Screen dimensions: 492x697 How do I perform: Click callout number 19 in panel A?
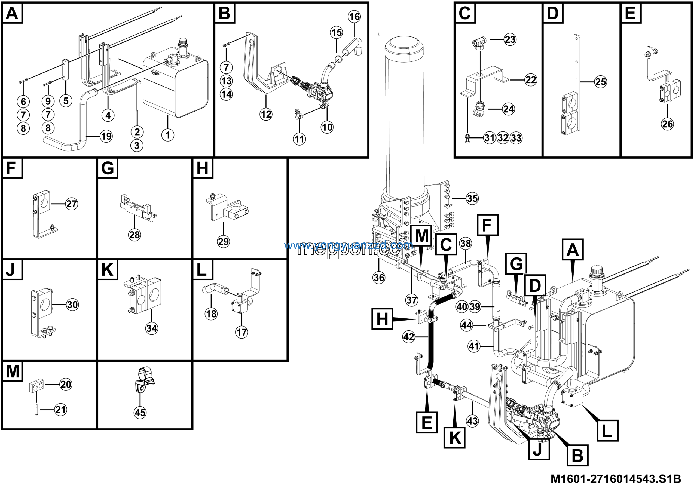tap(106, 137)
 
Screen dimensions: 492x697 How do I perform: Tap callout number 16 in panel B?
tap(354, 16)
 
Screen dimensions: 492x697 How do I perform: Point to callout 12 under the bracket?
tap(266, 114)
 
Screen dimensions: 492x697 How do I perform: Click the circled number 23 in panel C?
tap(510, 39)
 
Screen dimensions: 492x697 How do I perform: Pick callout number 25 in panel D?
tap(600, 82)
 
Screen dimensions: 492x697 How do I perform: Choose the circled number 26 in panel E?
tap(667, 124)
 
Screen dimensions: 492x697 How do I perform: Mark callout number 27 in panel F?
tap(72, 204)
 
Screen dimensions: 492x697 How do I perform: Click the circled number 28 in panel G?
tap(134, 235)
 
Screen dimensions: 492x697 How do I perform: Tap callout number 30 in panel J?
tap(72, 305)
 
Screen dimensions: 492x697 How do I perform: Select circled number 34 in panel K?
tap(151, 328)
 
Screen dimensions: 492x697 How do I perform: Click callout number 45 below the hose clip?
tap(140, 413)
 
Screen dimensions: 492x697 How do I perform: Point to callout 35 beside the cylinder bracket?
tap(472, 199)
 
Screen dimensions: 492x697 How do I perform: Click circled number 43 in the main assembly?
tap(472, 421)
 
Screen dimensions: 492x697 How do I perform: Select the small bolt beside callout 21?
tap(36, 410)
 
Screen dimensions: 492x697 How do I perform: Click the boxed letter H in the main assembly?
tap(382, 319)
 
